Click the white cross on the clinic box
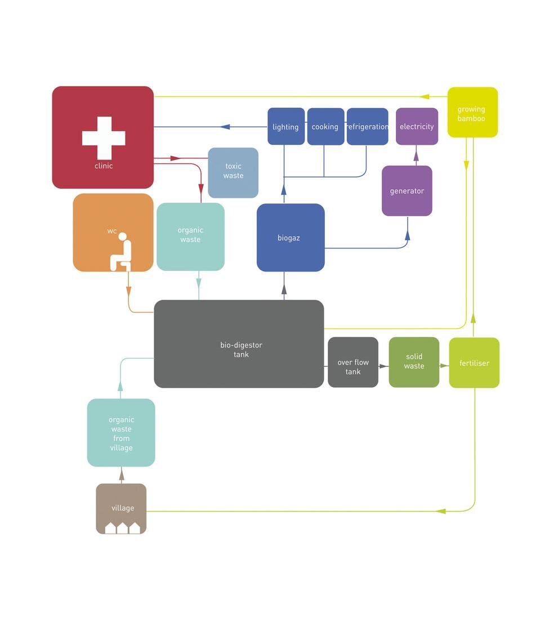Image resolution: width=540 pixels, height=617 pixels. tap(104, 137)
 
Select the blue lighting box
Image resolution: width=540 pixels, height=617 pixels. tap(286, 126)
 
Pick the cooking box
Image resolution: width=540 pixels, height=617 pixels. tap(325, 126)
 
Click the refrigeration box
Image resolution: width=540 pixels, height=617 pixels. tap(367, 126)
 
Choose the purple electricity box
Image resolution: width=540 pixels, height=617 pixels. tap(417, 126)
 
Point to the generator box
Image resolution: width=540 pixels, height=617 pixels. tap(407, 190)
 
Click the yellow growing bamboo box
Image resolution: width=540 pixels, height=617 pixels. tap(472, 112)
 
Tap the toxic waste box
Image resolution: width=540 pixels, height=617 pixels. tap(233, 172)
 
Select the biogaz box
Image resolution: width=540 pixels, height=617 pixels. tap(291, 237)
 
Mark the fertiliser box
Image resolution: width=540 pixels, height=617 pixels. tap(474, 362)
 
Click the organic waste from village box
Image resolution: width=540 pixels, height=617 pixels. tap(121, 433)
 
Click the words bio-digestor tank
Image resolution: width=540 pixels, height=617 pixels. tap(241, 349)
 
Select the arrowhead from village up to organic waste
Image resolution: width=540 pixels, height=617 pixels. tap(122, 476)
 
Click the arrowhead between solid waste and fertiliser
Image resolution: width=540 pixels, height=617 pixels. tap(444, 366)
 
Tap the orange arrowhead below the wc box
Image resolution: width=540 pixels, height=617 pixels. tap(129, 291)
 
